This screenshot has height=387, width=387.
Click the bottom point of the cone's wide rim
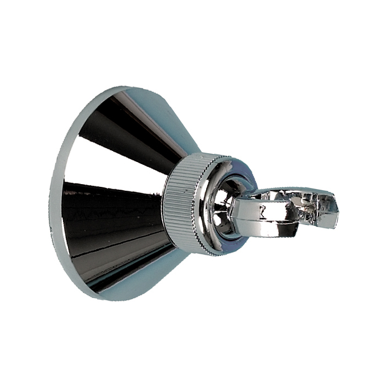(x=97, y=296)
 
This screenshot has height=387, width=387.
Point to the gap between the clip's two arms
(x=293, y=207)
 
